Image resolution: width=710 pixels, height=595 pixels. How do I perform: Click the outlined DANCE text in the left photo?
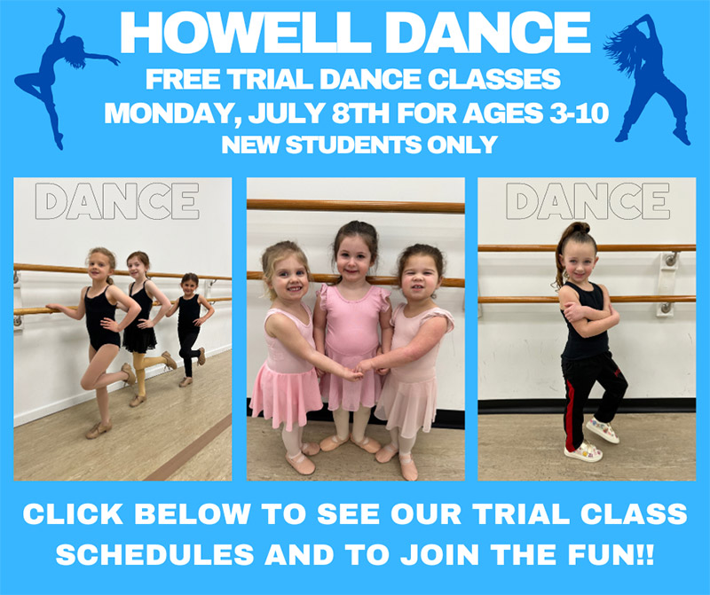pyautogui.click(x=122, y=201)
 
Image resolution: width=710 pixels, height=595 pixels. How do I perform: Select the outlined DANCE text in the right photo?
pyautogui.click(x=588, y=201)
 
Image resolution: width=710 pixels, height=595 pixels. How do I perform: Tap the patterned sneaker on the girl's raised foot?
pyautogui.click(x=601, y=430)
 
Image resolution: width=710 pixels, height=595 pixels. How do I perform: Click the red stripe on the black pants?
pyautogui.click(x=569, y=417)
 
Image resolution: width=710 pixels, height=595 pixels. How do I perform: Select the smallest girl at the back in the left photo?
pyautogui.click(x=189, y=319)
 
